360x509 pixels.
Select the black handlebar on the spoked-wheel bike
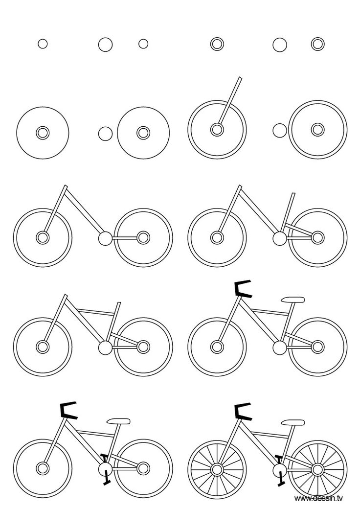coord(242,412)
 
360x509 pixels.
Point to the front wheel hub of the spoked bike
coord(216,468)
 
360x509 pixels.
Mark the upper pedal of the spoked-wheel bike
coord(279,459)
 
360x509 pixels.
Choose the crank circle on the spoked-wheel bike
coord(280,470)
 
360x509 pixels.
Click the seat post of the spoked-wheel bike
coord(289,438)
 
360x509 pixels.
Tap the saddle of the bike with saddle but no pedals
coord(292,300)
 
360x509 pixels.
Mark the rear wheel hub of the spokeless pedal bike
coord(143,467)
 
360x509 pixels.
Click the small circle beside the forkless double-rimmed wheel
coord(280,131)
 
